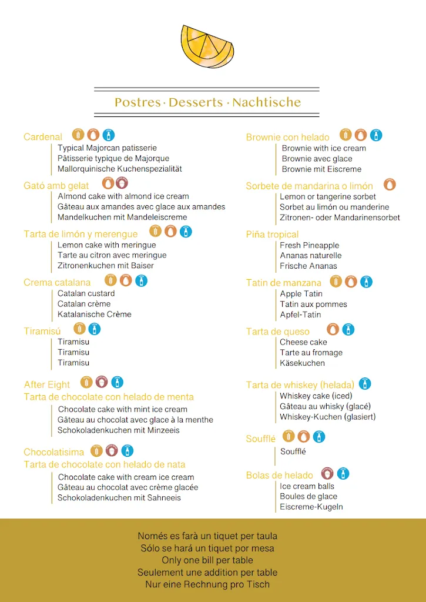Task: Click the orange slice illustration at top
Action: point(207,46)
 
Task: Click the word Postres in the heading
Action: point(137,102)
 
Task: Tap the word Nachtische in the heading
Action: point(266,102)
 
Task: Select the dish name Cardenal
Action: point(43,137)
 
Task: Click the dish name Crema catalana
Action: point(57,283)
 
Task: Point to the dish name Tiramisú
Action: point(42,332)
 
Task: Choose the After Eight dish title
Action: point(47,384)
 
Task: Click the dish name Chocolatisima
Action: point(54,452)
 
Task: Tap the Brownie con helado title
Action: point(287,138)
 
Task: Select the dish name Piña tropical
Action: point(272,235)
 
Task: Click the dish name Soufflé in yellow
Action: point(260,439)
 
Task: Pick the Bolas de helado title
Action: point(279,476)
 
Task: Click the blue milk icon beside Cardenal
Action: point(109,135)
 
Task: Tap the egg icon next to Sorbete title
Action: point(390,185)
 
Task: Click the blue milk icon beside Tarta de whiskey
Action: point(365,384)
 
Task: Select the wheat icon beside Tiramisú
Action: point(79,329)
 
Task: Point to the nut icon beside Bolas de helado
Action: point(328,473)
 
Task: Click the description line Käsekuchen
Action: point(302,363)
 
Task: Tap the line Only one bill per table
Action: point(207,560)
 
